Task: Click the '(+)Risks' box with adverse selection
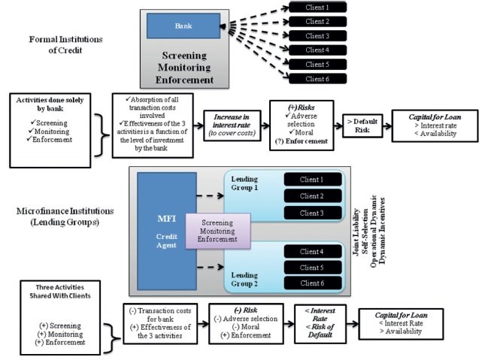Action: [299, 123]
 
